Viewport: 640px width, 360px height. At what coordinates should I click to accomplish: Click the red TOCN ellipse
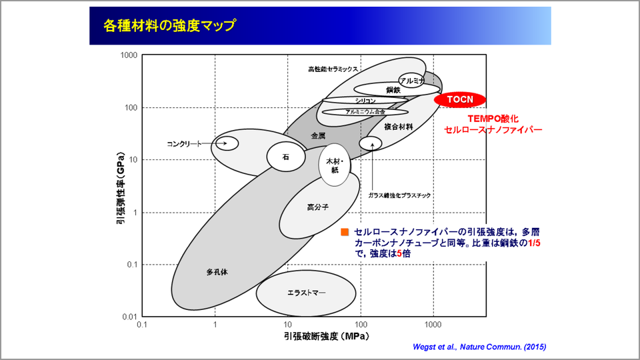(459, 99)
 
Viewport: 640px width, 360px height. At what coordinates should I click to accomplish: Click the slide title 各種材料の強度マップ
(169, 25)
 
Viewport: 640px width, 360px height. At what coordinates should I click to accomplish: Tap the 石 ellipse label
(286, 157)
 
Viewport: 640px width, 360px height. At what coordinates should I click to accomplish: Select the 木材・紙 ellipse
(334, 165)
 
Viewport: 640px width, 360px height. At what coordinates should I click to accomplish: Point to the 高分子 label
(317, 207)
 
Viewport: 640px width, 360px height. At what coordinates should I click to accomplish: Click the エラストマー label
(306, 293)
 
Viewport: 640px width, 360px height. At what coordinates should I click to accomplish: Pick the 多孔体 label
(217, 272)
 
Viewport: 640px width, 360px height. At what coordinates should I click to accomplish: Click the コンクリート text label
(185, 144)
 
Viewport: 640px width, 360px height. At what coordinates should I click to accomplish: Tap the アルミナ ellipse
(411, 81)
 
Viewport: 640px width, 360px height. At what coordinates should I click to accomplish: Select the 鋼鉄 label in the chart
(393, 90)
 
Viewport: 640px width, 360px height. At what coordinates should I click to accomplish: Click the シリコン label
(365, 101)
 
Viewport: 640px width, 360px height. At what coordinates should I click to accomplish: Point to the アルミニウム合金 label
(365, 112)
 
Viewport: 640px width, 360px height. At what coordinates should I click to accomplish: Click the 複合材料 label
(399, 127)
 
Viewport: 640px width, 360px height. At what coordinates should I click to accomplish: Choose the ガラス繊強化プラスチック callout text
(399, 195)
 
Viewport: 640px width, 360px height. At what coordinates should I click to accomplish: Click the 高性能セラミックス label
(333, 69)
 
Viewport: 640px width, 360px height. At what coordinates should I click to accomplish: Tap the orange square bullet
(345, 232)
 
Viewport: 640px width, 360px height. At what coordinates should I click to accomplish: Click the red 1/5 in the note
(534, 243)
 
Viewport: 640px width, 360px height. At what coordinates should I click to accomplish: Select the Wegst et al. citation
(479, 347)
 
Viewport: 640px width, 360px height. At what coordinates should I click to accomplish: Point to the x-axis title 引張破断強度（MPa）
(327, 336)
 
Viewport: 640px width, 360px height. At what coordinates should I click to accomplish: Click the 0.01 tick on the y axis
(130, 317)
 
